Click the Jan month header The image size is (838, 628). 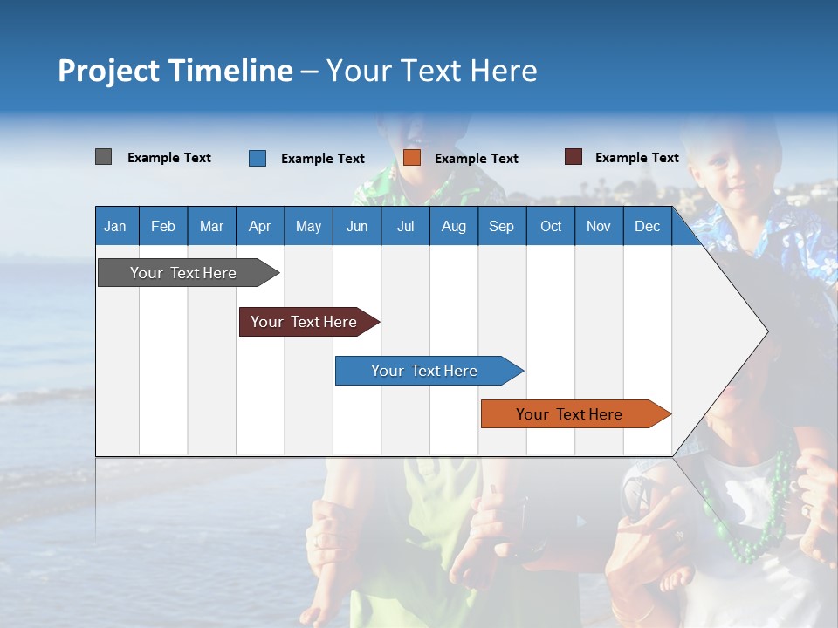pyautogui.click(x=115, y=226)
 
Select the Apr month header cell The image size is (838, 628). pyautogui.click(x=259, y=226)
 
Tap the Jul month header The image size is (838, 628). pyautogui.click(x=405, y=226)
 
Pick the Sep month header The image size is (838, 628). pyautogui.click(x=501, y=226)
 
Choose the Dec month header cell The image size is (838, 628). pyautogui.click(x=647, y=226)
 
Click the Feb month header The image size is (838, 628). pyautogui.click(x=163, y=226)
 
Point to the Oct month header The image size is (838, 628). pyautogui.click(x=551, y=226)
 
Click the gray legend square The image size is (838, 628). pyautogui.click(x=104, y=157)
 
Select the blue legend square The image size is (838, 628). pyautogui.click(x=258, y=158)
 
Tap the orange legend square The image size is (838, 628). pyautogui.click(x=412, y=158)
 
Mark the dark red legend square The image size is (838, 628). pyautogui.click(x=574, y=157)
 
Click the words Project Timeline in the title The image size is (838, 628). pyautogui.click(x=175, y=71)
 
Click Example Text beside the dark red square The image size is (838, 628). pyautogui.click(x=636, y=158)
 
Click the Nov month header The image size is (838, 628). pyautogui.click(x=599, y=226)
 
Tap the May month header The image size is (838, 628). pyautogui.click(x=308, y=226)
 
